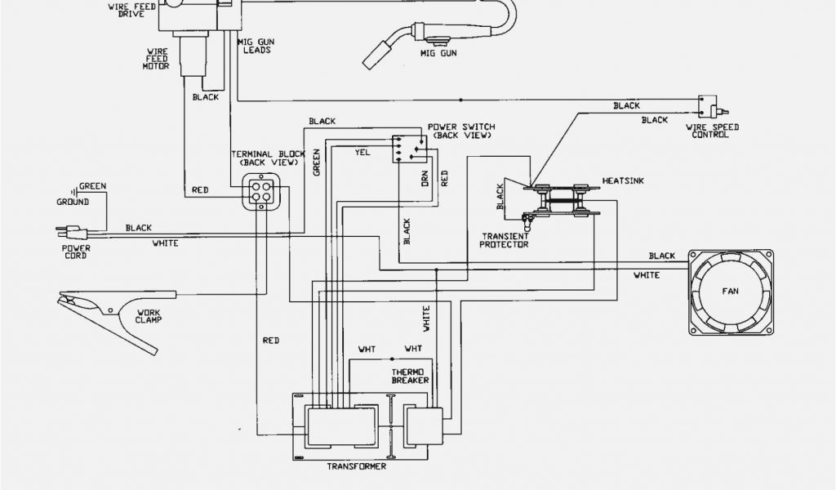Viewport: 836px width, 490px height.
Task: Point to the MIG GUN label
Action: pyautogui.click(x=438, y=53)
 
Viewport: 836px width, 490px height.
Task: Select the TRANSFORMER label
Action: pyautogui.click(x=356, y=466)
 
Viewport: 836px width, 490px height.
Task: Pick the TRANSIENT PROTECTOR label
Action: pyautogui.click(x=504, y=240)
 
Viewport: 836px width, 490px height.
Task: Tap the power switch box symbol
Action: pyautogui.click(x=408, y=148)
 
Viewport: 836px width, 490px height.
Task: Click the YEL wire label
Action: pyautogui.click(x=362, y=152)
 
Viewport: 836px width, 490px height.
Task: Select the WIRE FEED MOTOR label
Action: pyautogui.click(x=157, y=58)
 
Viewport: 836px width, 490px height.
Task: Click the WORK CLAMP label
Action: pyautogui.click(x=149, y=314)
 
